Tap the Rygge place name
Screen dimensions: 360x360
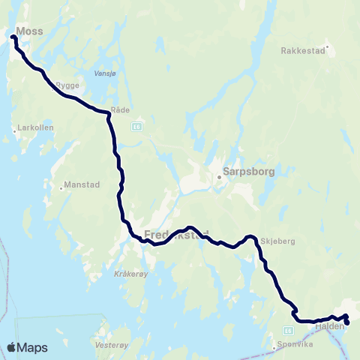[x=68, y=85]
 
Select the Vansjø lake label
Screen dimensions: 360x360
[x=104, y=74]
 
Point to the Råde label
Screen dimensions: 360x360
[x=120, y=109]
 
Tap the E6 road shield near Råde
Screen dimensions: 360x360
[x=136, y=126]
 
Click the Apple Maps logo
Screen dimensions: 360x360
[x=27, y=347]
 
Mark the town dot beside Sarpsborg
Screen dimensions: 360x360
[x=220, y=178]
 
